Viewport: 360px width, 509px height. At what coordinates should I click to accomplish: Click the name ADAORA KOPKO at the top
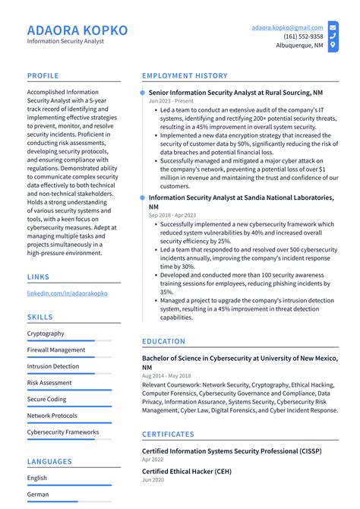click(77, 30)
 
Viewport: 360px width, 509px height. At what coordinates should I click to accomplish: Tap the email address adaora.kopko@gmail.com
click(287, 27)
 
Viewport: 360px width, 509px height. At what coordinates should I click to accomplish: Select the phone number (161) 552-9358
click(303, 36)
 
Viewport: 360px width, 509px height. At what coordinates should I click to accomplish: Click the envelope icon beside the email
click(333, 27)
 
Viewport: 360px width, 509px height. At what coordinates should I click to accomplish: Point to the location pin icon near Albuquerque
click(333, 46)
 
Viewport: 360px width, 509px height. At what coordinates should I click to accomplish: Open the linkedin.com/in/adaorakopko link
click(68, 292)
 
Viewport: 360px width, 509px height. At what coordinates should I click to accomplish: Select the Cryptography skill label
click(46, 334)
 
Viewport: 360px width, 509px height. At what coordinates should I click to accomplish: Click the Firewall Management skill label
click(56, 350)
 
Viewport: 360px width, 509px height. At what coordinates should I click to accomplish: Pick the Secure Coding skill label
click(47, 400)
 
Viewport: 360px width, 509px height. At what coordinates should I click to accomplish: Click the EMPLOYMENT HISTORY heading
click(185, 76)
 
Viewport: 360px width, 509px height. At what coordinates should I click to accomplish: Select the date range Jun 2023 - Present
click(170, 101)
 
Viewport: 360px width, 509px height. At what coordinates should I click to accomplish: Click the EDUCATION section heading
click(163, 342)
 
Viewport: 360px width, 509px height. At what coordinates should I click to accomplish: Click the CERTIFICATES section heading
click(168, 435)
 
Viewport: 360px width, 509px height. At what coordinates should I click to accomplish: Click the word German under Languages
click(38, 495)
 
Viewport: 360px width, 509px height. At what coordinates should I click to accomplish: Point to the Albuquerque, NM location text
click(299, 46)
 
